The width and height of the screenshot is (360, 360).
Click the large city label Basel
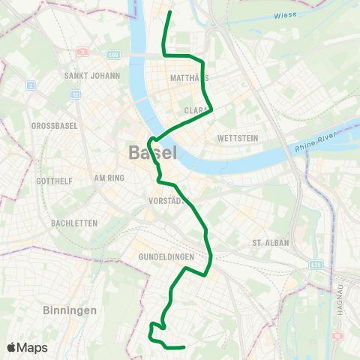click(x=153, y=153)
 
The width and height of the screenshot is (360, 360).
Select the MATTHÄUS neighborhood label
click(x=188, y=78)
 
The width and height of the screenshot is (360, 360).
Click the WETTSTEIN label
click(x=237, y=139)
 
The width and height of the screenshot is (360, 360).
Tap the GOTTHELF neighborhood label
click(x=55, y=181)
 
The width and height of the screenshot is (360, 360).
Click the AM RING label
click(x=109, y=178)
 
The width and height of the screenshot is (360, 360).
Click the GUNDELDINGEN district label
click(x=166, y=256)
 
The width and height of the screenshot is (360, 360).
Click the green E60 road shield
click(x=113, y=55)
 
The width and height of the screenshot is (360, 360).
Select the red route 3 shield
click(x=82, y=52)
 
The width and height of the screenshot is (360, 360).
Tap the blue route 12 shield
click(x=76, y=95)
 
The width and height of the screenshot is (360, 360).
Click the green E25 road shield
click(x=316, y=265)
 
